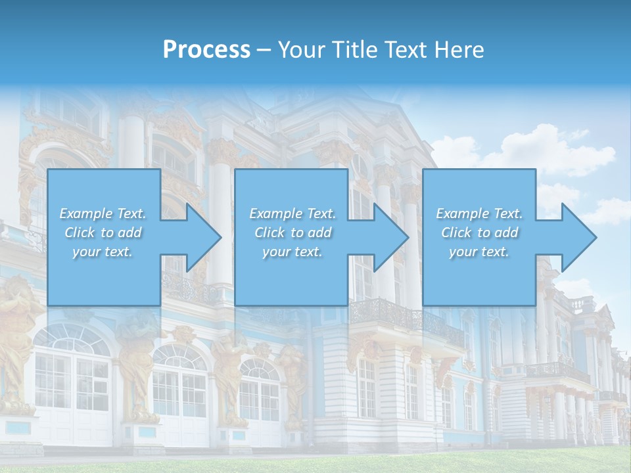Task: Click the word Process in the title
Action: (x=206, y=49)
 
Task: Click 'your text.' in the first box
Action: (x=103, y=252)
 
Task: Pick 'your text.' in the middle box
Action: (x=292, y=252)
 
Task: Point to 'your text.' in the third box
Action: (x=479, y=252)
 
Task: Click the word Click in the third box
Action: (x=456, y=233)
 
